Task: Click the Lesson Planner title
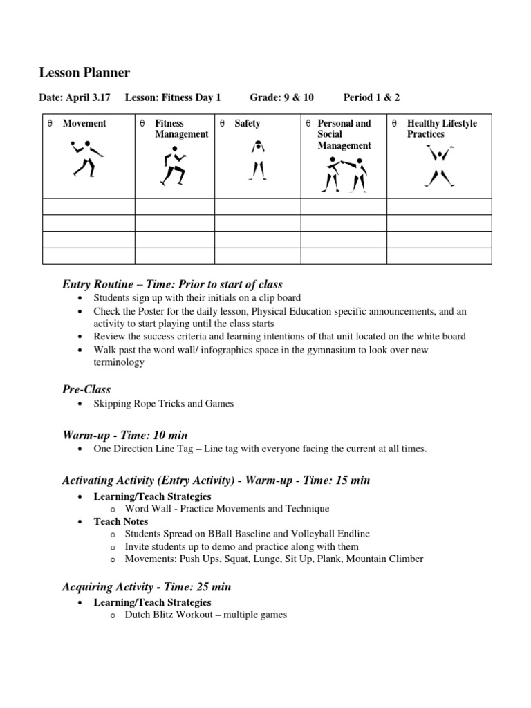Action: point(84,73)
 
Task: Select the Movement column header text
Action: point(84,124)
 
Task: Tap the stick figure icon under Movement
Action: point(86,158)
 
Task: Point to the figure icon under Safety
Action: point(258,160)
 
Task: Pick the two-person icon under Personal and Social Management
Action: point(344,174)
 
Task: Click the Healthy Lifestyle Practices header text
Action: point(442,129)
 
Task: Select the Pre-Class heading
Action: point(86,389)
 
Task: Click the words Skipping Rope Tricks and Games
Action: point(164,404)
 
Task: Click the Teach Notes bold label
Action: point(121,521)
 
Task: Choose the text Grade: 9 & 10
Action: point(281,97)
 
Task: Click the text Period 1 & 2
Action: point(371,97)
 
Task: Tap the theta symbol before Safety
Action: point(223,124)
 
